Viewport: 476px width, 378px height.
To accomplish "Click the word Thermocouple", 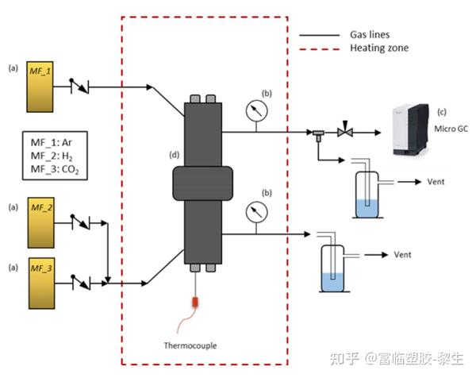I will click(x=191, y=345).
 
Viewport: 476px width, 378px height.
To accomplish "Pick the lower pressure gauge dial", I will click(x=255, y=210).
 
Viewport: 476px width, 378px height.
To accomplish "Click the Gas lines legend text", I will click(x=370, y=35).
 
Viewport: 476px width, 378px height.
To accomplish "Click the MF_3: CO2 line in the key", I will click(x=55, y=170).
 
